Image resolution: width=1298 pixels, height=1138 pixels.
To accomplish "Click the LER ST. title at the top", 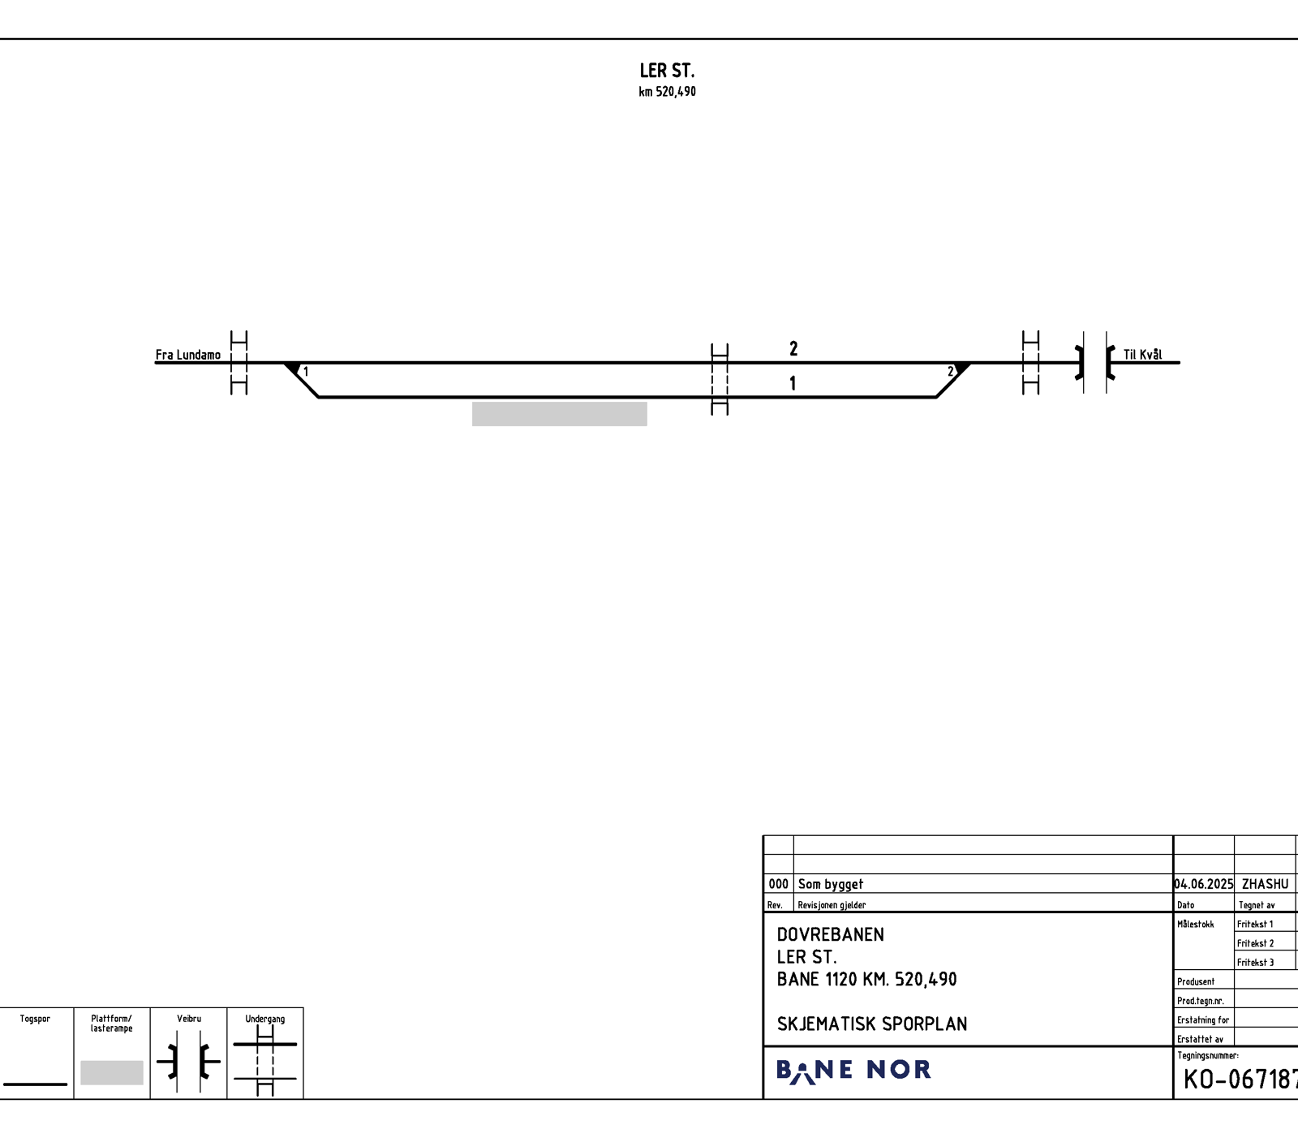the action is tap(667, 71).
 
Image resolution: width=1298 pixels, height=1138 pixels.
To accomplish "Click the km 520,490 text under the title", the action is tap(667, 92).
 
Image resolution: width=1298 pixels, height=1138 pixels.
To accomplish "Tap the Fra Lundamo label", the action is tap(188, 355).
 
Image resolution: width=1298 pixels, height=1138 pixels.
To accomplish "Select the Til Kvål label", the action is tap(1142, 355).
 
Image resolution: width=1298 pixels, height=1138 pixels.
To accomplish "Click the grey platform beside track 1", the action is tap(560, 414).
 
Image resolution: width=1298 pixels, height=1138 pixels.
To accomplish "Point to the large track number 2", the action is tap(793, 348).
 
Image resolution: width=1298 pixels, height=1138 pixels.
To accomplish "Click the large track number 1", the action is tap(793, 383).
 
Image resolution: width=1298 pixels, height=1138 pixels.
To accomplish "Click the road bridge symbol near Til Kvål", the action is tap(1095, 363).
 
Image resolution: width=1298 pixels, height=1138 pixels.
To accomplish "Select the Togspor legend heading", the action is tap(35, 1019).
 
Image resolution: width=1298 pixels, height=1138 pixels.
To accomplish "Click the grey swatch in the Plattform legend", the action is tap(112, 1072).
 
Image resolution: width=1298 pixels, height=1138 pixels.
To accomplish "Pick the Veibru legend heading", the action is tap(189, 1019).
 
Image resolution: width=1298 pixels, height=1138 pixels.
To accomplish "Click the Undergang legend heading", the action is tap(265, 1019).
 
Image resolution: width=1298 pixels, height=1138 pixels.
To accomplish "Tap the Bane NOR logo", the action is tap(853, 1071).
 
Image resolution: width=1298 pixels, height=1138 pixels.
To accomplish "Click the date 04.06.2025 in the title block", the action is tap(1204, 884).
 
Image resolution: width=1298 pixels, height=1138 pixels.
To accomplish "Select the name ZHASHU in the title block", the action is tap(1265, 884).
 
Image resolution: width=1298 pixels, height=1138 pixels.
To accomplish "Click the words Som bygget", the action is tap(831, 884).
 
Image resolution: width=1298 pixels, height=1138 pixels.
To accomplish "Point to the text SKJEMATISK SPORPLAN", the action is tap(872, 1024).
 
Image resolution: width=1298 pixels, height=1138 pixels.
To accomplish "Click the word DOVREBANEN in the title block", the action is tap(831, 934).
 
